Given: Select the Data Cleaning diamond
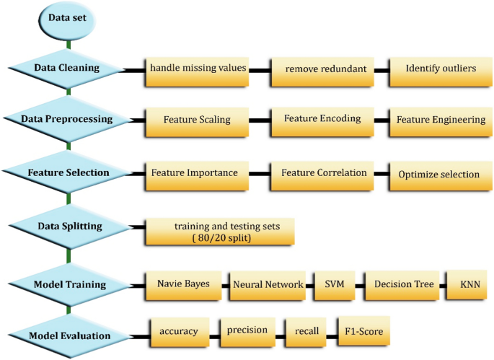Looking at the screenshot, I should tap(67, 69).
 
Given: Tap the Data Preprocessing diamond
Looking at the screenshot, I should tap(67, 118).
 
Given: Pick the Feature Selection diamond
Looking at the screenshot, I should tap(67, 173).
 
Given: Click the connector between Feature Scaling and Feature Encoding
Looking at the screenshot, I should tap(260, 120).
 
